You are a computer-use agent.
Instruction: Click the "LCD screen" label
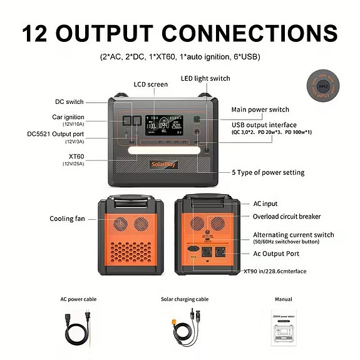[151, 85]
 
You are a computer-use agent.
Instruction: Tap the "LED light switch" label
[205, 78]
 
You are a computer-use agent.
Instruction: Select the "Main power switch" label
[260, 110]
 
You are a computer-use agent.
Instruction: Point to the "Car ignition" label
[68, 117]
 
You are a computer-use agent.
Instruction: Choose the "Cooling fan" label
[68, 219]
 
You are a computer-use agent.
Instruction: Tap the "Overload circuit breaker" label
[286, 217]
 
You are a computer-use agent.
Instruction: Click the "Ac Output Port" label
[276, 254]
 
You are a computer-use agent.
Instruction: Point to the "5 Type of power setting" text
[267, 172]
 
